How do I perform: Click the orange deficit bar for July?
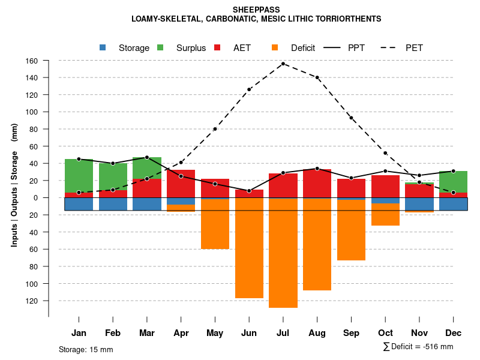click(283, 253)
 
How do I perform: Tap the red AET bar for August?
click(317, 184)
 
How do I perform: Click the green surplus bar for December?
click(453, 182)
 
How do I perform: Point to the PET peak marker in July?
click(283, 64)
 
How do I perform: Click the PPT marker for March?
click(147, 157)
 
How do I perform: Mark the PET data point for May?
click(215, 129)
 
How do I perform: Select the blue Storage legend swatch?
click(103, 48)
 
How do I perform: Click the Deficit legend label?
click(303, 48)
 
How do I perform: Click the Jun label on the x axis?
click(249, 333)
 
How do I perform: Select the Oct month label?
click(385, 333)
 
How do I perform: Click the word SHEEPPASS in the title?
click(256, 10)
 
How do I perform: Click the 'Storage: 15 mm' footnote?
click(86, 349)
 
